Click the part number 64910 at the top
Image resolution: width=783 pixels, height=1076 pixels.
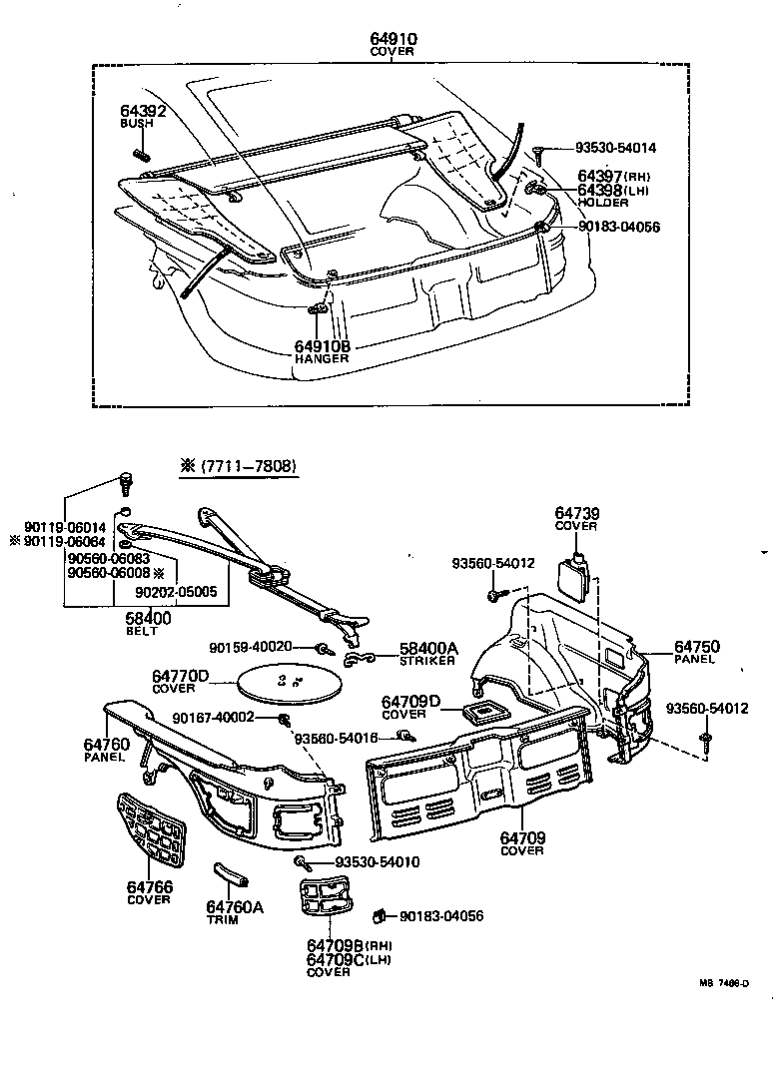point(392,39)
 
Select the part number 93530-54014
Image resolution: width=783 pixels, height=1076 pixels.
point(615,148)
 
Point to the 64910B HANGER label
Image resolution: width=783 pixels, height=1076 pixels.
point(322,351)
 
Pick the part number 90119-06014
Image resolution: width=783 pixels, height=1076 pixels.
point(66,527)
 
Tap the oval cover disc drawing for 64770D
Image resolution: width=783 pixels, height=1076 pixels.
point(291,684)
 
